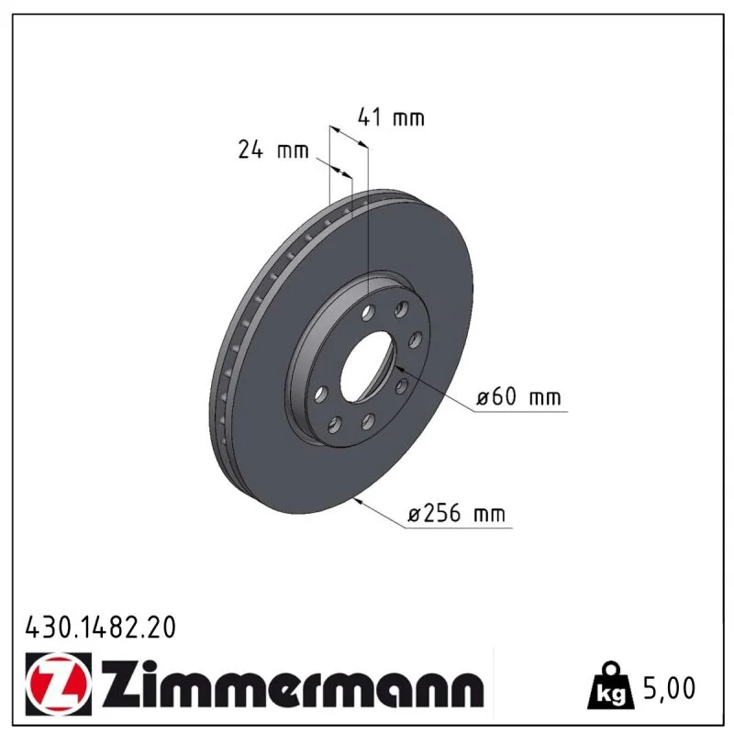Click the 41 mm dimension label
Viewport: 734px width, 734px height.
391,117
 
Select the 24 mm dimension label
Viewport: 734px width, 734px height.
273,150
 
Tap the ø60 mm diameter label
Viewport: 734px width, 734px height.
518,397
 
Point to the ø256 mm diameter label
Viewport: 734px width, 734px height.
456,513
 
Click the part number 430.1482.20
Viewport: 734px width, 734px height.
101,628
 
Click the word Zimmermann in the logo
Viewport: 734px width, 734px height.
293,684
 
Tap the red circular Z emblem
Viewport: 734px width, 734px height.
59,684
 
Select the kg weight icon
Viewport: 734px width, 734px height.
611,684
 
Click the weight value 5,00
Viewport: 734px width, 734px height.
670,688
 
